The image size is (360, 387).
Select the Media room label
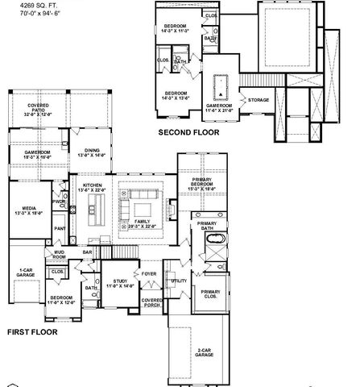23,210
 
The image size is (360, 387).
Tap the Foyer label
149,274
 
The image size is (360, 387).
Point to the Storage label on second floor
259,100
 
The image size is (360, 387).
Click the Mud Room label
60,256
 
